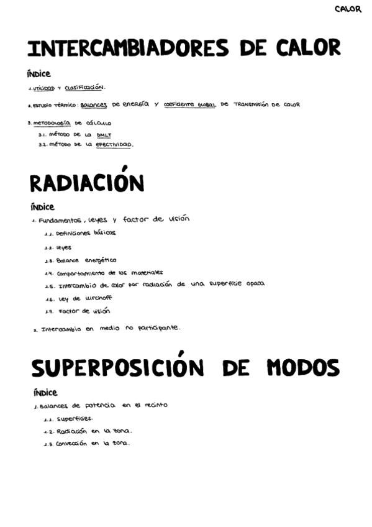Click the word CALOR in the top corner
(x=347, y=9)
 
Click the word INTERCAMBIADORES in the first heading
(x=117, y=48)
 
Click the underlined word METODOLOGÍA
(x=52, y=122)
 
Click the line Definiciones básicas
(x=85, y=234)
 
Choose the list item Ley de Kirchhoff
(x=84, y=298)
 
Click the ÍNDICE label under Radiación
(x=42, y=207)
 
